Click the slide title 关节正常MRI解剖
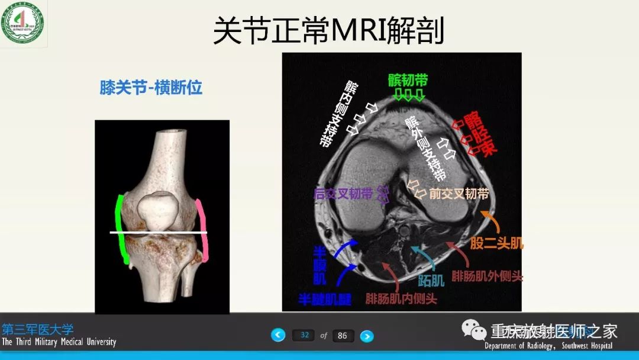click(328, 31)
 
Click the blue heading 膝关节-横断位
click(151, 88)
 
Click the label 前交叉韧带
click(459, 194)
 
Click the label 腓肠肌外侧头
click(487, 276)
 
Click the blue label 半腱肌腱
click(324, 299)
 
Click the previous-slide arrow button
click(278, 335)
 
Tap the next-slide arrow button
click(367, 336)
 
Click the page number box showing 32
click(304, 335)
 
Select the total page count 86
click(343, 336)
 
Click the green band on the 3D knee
click(122, 228)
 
